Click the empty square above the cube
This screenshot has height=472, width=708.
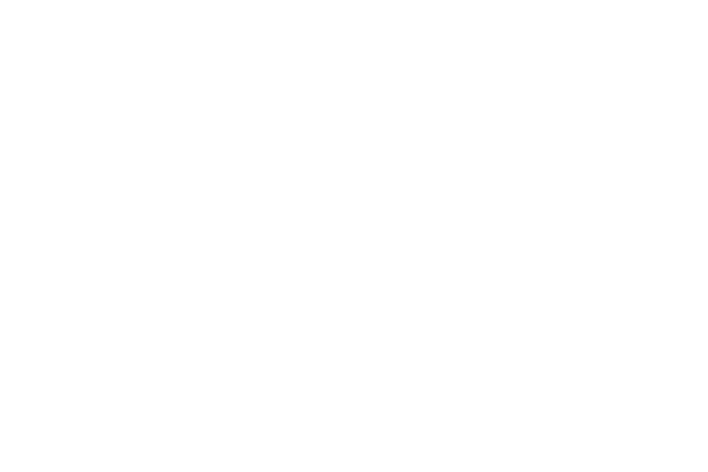coord(306,94)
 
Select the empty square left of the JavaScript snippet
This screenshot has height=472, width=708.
coord(182,351)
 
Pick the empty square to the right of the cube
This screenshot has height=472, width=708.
coord(556,324)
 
